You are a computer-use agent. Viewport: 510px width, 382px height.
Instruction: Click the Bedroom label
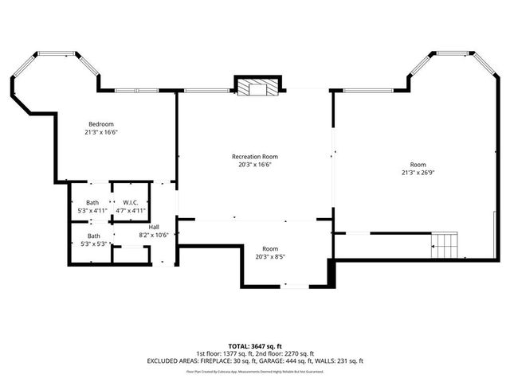coord(101,124)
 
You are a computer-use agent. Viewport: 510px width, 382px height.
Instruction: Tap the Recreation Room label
coord(255,157)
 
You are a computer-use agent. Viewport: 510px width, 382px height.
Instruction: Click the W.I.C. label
coord(131,203)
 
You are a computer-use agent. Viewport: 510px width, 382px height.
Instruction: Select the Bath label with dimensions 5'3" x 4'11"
coord(93,203)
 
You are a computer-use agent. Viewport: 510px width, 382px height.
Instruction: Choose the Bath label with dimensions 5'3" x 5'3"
coord(93,236)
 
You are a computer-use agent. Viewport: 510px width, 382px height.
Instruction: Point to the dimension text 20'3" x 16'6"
coord(255,165)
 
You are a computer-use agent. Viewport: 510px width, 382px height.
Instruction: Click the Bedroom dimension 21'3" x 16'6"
coord(101,132)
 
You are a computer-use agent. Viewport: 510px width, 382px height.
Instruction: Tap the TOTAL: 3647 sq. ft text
coord(255,346)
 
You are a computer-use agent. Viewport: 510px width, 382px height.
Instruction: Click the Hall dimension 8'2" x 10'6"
coord(154,236)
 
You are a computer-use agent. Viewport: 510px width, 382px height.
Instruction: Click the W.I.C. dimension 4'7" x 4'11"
coord(131,211)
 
